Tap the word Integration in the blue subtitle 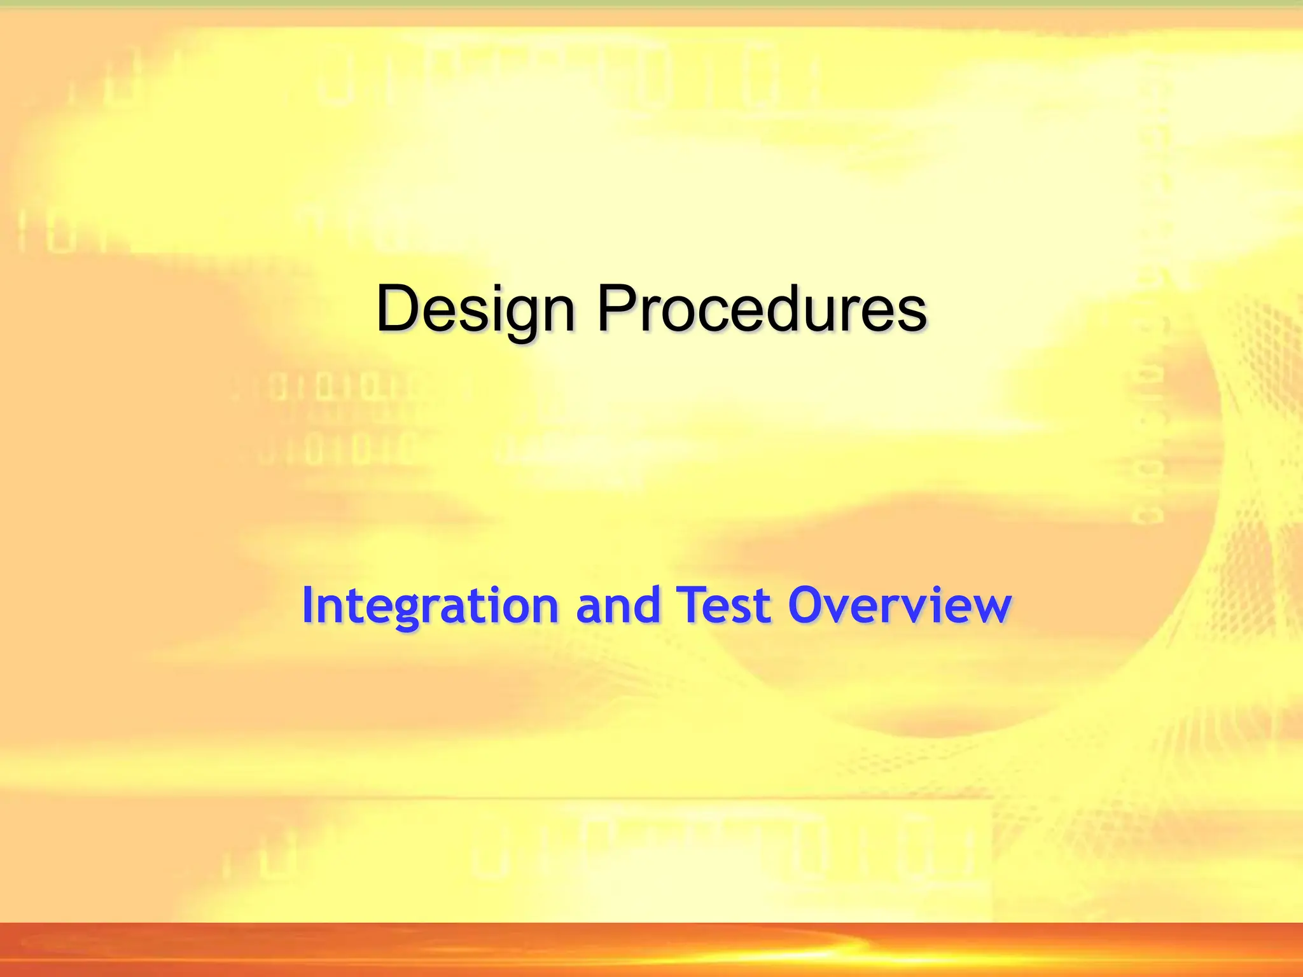(430, 606)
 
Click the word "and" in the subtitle (618, 606)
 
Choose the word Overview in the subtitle (899, 606)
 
